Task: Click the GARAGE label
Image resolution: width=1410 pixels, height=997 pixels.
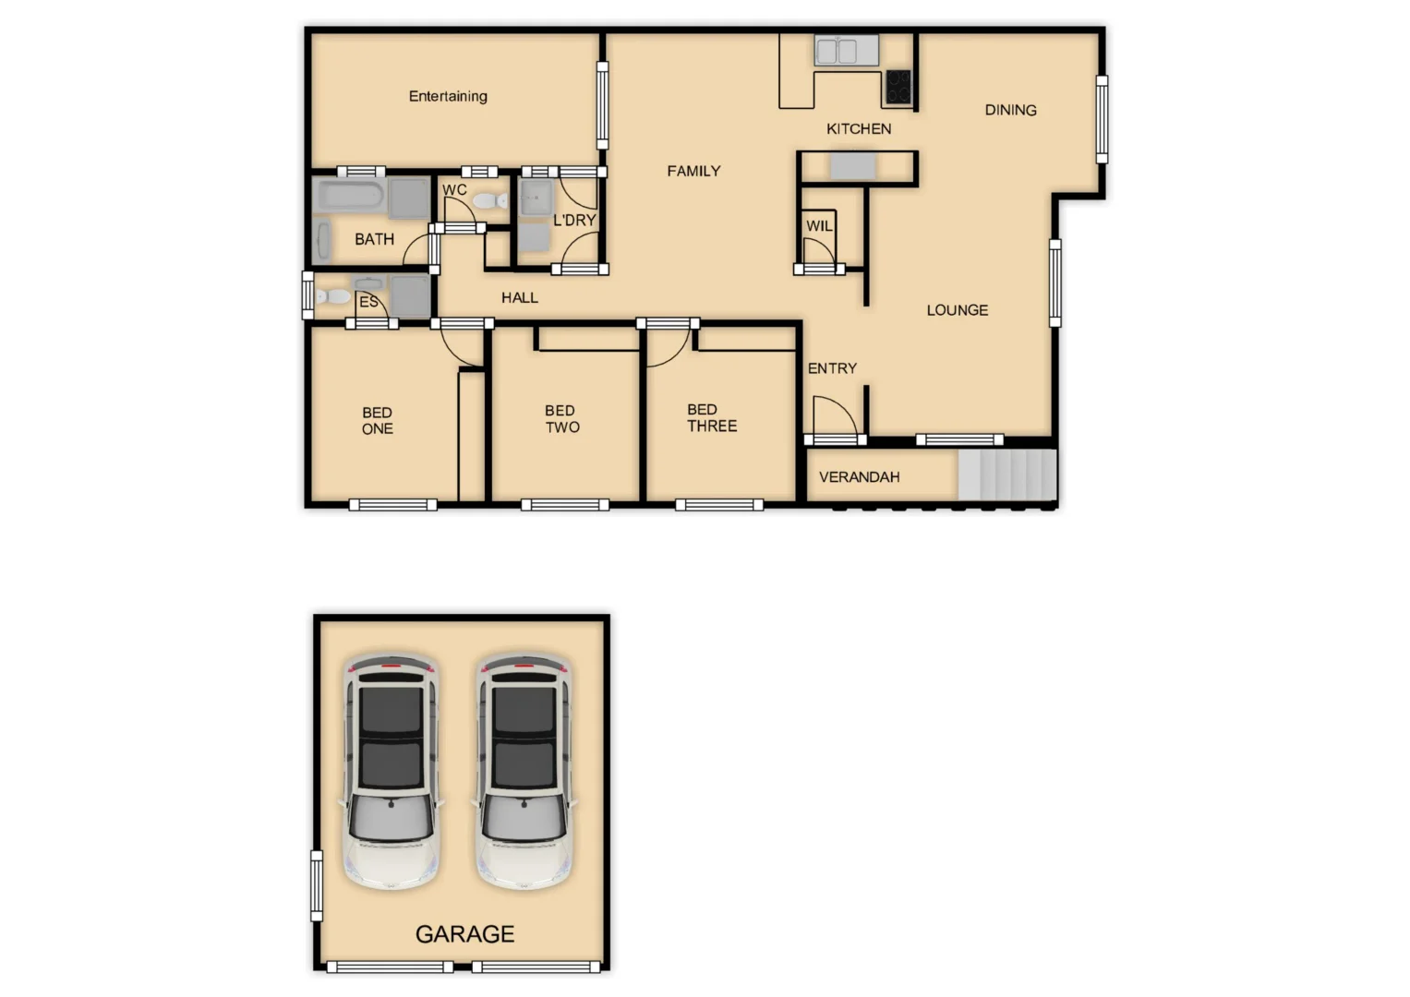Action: click(x=464, y=934)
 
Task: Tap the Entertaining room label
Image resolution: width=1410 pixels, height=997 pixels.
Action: click(x=448, y=96)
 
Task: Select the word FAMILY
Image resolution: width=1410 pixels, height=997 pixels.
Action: click(x=693, y=171)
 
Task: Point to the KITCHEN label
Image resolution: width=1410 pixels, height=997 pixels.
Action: click(x=859, y=129)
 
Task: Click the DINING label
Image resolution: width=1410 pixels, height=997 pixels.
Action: click(x=1010, y=110)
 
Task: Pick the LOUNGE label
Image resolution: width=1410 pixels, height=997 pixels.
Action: click(x=957, y=310)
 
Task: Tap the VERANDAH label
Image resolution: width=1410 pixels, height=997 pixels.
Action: click(x=859, y=477)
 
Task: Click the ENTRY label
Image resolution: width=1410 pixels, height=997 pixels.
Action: click(x=832, y=368)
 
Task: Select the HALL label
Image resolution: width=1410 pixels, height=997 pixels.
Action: click(x=519, y=297)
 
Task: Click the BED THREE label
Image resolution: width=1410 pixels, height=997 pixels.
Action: click(x=712, y=417)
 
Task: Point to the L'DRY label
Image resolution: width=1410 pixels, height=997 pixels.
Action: click(x=574, y=220)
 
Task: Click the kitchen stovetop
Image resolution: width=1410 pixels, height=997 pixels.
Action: click(x=898, y=87)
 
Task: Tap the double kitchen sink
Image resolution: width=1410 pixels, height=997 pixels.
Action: click(x=846, y=51)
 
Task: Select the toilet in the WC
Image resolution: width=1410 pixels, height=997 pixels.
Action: click(x=487, y=200)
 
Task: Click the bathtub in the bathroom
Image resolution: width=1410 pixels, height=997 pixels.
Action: click(x=349, y=195)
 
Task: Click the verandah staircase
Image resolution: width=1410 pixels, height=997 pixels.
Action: click(x=1006, y=474)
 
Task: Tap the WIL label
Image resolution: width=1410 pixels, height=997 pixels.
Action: click(x=819, y=226)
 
